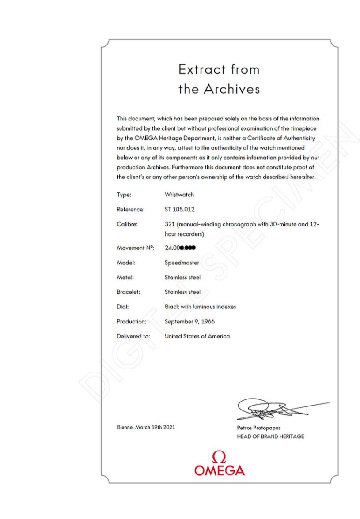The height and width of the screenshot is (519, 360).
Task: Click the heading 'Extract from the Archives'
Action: pos(219,79)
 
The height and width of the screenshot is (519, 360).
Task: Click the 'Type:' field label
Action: pos(124,195)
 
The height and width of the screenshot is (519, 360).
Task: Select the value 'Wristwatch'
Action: pos(179,195)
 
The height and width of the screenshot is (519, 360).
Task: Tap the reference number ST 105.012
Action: pos(179,209)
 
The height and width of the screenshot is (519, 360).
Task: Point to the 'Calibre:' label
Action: pos(127,224)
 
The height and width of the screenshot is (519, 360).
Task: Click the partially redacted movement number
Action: pos(180,248)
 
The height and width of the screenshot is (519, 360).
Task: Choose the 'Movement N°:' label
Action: pos(135,248)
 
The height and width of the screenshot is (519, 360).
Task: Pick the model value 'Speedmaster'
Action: pos(182,263)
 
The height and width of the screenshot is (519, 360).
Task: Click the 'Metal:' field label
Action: pos(125,277)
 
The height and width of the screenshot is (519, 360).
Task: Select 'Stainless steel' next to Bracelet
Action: pos(182,292)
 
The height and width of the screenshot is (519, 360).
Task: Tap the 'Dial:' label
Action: pos(122,307)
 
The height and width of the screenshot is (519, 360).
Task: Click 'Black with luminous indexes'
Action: pos(200,307)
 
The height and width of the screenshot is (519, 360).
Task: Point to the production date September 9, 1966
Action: pos(189,321)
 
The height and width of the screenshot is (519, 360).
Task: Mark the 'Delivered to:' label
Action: pos(133,336)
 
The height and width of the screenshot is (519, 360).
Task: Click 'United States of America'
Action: pos(197,336)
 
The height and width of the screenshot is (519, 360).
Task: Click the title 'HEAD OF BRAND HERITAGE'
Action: pos(270,436)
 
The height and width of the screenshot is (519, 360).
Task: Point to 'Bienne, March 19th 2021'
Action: pos(146,427)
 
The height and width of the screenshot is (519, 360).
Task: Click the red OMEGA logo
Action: pos(219,463)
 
